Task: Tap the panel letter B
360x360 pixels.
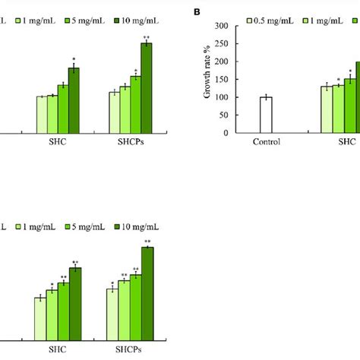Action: [x=197, y=13]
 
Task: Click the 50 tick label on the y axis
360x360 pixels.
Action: [x=230, y=115]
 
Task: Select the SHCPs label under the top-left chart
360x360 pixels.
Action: [x=130, y=142]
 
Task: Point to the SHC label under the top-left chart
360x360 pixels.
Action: [x=58, y=142]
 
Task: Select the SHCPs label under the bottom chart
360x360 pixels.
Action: [x=130, y=347]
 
